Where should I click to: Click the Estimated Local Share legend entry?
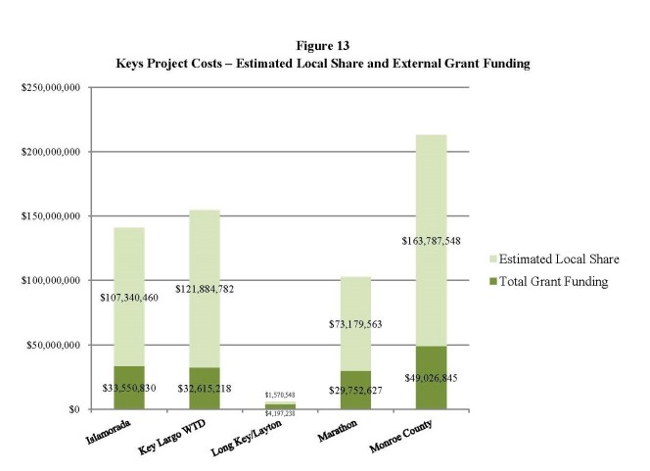[x=552, y=259]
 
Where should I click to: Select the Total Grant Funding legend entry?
[x=548, y=282]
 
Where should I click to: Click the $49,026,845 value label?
[x=431, y=378]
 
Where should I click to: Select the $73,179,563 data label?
[x=355, y=322]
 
